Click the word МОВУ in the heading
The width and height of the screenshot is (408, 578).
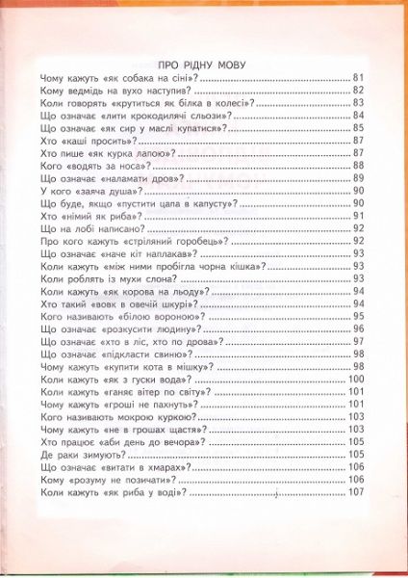point(224,65)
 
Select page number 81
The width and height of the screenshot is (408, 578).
point(358,78)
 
